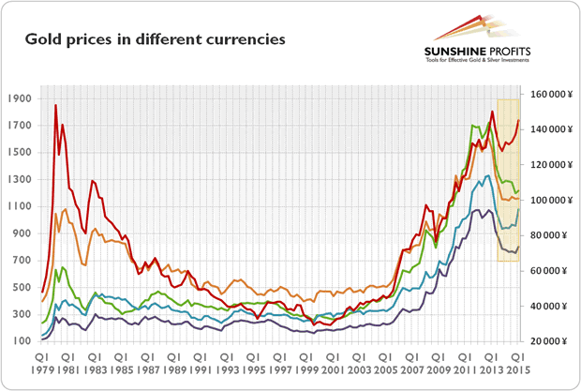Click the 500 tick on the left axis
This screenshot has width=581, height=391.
(x=21, y=287)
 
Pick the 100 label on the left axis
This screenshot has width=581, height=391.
(x=21, y=341)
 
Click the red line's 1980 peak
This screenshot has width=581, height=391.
(x=56, y=105)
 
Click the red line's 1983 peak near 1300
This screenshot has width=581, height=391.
(x=92, y=180)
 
